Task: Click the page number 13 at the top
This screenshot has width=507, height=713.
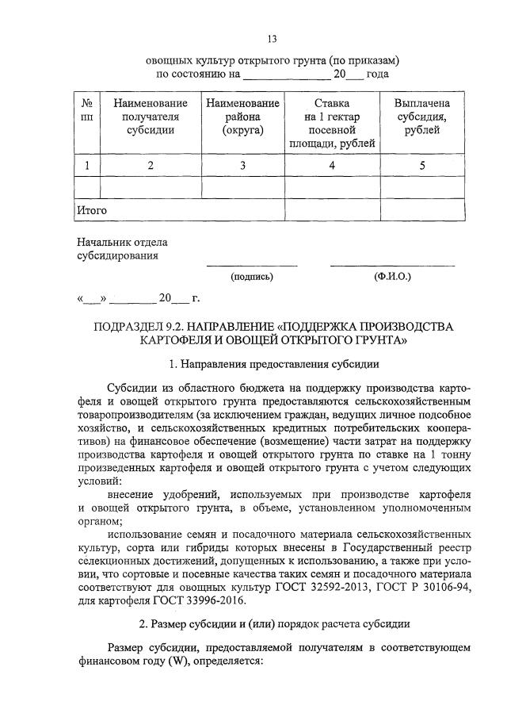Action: point(272,38)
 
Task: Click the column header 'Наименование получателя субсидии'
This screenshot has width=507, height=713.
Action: point(151,117)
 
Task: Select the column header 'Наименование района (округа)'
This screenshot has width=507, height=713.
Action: point(242,117)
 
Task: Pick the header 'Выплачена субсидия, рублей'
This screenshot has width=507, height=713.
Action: point(422,117)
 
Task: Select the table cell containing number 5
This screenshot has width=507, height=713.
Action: point(422,165)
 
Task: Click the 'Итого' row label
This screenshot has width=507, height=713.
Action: point(91,210)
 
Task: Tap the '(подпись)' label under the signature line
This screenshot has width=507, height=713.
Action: point(252,277)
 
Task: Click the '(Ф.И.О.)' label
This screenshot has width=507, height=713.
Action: point(391,277)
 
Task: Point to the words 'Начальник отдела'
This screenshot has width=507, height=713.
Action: point(122,241)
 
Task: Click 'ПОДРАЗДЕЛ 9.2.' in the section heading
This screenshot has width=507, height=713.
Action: point(139,327)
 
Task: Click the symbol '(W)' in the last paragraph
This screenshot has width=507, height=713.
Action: point(177,661)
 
